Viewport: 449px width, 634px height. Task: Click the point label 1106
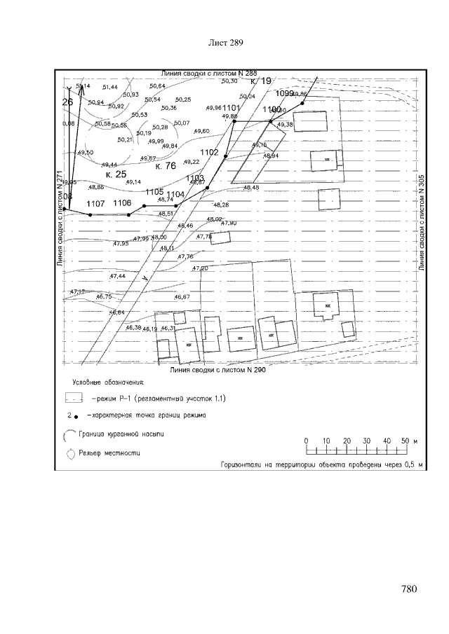pos(122,202)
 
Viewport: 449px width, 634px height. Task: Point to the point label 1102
pos(209,152)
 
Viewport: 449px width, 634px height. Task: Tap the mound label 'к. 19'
pos(260,81)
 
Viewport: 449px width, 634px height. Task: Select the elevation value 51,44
pos(110,87)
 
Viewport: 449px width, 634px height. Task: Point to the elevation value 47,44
pos(118,277)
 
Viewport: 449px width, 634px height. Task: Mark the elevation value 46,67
pos(182,298)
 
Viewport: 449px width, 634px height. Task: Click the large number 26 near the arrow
pos(67,102)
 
